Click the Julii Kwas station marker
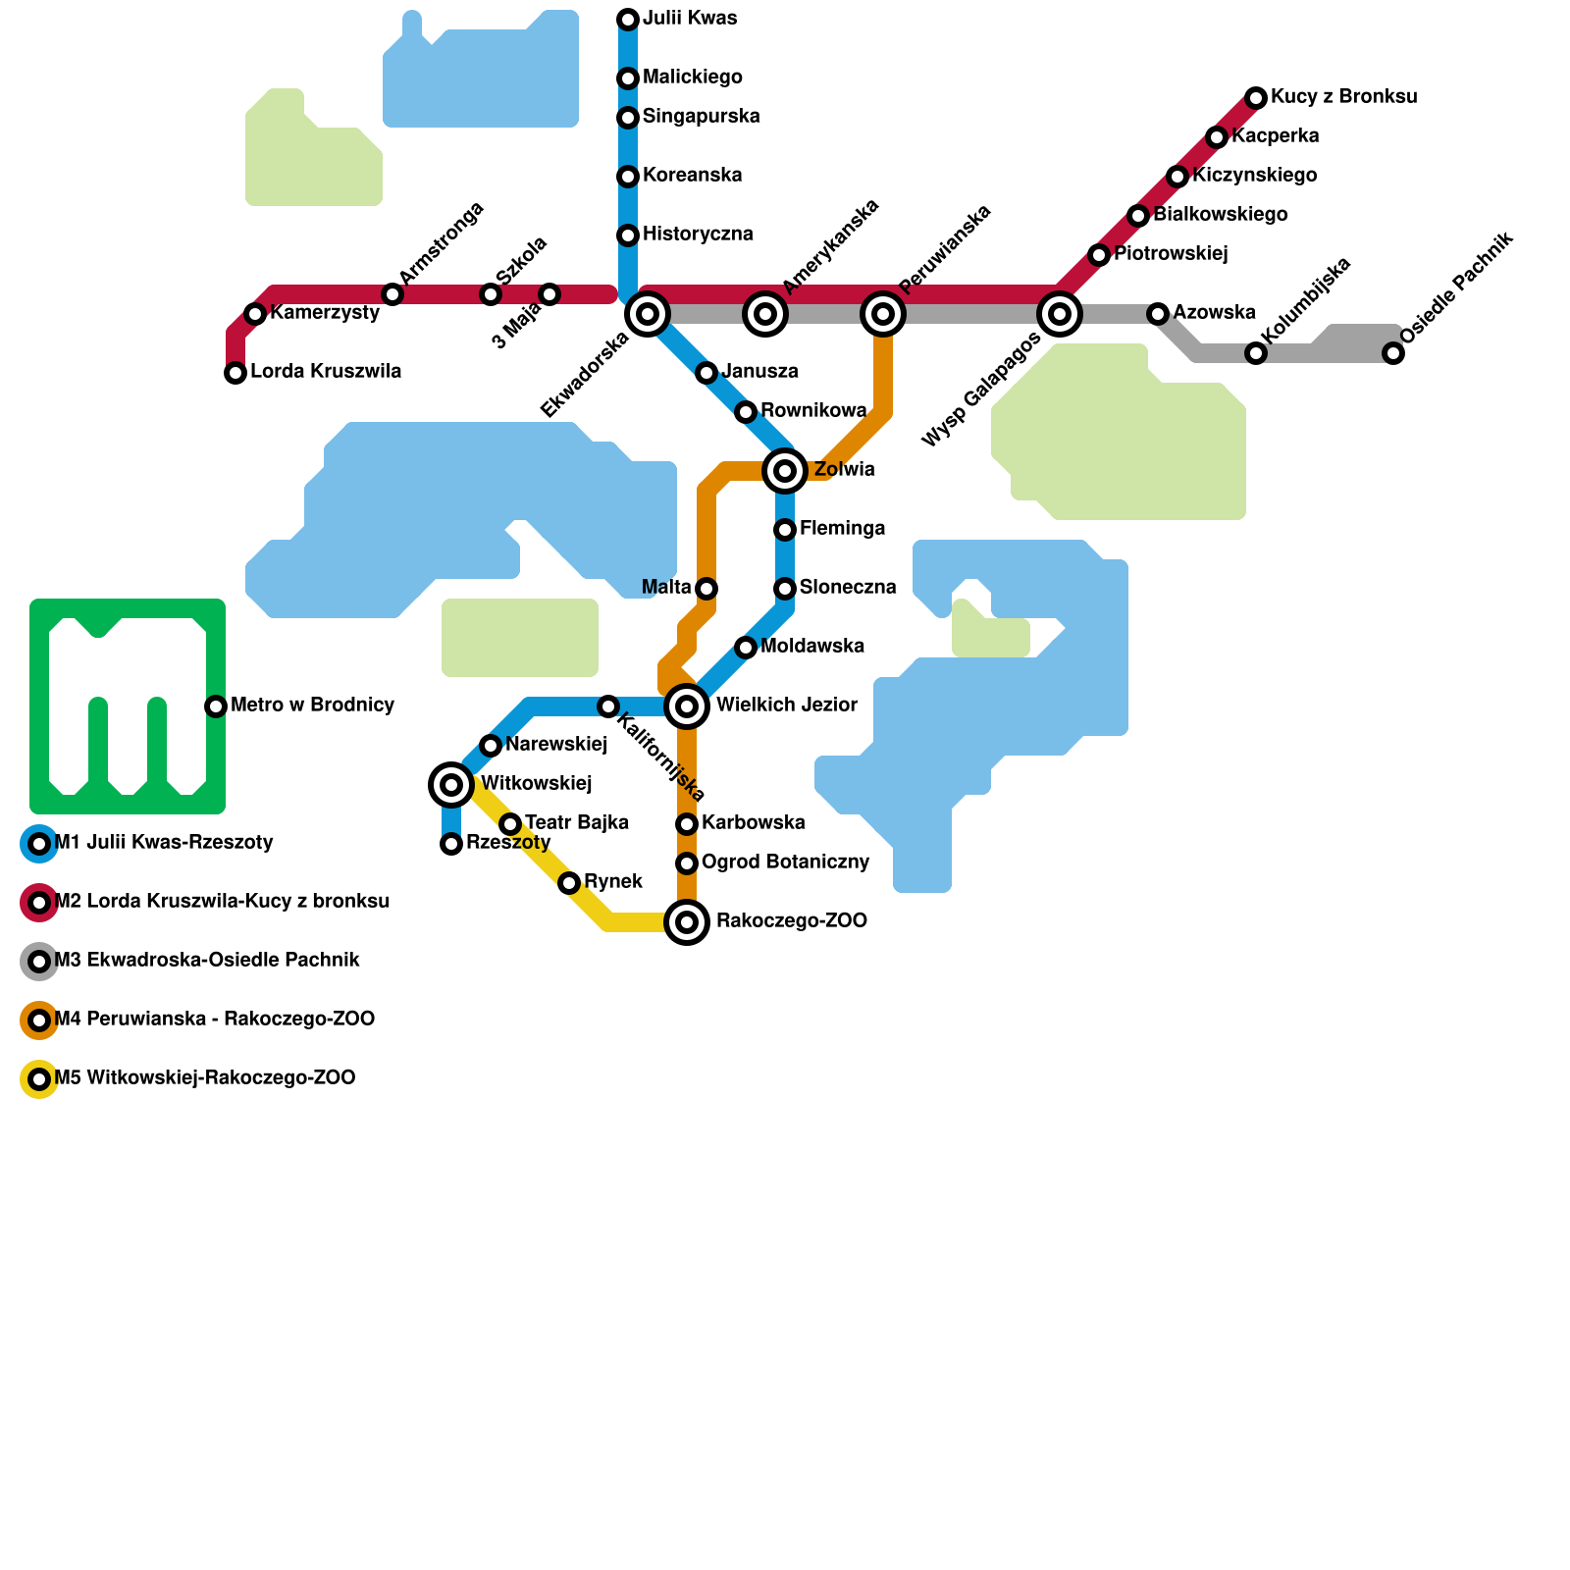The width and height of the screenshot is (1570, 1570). pyautogui.click(x=628, y=20)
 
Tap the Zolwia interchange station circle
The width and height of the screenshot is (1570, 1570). pyautogui.click(x=785, y=471)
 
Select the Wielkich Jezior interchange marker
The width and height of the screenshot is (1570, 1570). pyautogui.click(x=687, y=706)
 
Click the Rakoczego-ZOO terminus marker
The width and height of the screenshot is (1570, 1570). pyautogui.click(x=687, y=922)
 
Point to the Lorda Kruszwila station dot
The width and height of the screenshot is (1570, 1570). pyautogui.click(x=235, y=373)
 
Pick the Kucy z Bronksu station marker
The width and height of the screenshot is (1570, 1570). pyautogui.click(x=1256, y=98)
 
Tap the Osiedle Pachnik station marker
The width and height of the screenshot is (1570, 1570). pyautogui.click(x=1393, y=353)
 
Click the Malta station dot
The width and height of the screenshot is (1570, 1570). pyautogui.click(x=706, y=589)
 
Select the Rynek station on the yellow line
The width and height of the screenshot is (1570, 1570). pyautogui.click(x=569, y=883)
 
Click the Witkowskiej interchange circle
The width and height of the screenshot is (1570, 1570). pyautogui.click(x=451, y=785)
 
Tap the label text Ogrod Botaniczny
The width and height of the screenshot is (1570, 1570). pyautogui.click(x=786, y=863)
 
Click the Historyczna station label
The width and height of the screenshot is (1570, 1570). pyautogui.click(x=698, y=235)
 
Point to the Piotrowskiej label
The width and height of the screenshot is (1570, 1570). pyautogui.click(x=1171, y=254)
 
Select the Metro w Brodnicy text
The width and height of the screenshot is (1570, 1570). pyautogui.click(x=312, y=706)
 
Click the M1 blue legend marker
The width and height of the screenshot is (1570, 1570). pyautogui.click(x=39, y=844)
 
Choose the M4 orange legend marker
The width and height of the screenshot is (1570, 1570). pyautogui.click(x=39, y=1020)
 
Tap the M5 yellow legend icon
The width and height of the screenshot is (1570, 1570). pyautogui.click(x=39, y=1079)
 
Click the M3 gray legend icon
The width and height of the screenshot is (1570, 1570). pyautogui.click(x=39, y=962)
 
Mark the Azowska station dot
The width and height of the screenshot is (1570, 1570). pyautogui.click(x=1158, y=314)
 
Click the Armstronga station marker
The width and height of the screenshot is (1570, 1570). pyautogui.click(x=392, y=294)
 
